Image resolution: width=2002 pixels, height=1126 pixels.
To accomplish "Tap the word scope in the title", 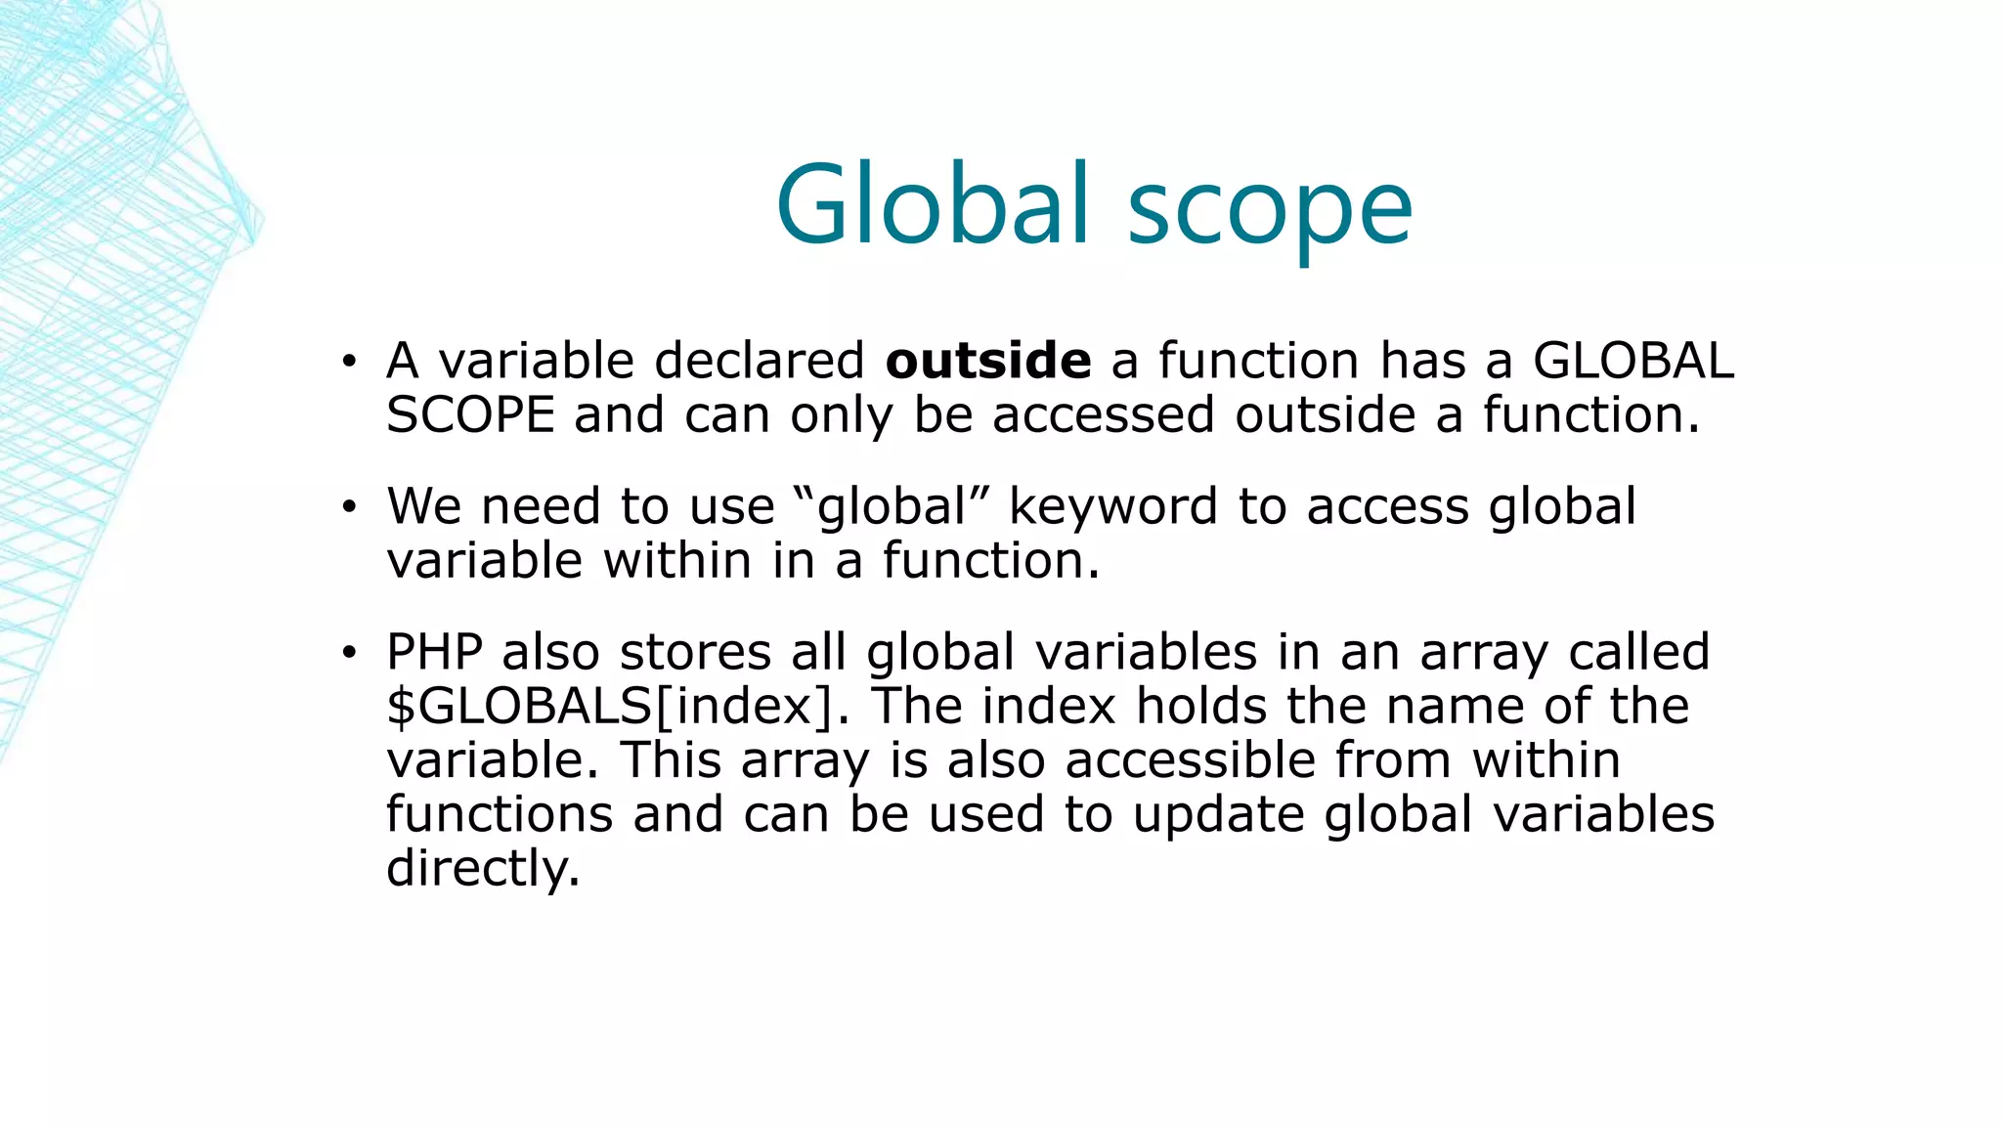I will tap(1270, 210).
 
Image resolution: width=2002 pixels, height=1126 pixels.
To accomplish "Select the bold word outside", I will tap(987, 361).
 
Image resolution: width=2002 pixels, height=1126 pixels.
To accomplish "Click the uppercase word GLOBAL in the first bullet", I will tap(1632, 361).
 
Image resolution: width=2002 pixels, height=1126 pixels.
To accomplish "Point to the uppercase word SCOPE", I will tap(470, 415).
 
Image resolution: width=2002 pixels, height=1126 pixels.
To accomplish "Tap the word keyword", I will tap(1112, 508).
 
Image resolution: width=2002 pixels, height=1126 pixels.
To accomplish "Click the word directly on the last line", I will tap(483, 869).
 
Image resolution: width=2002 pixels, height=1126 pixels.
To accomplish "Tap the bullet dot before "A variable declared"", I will tap(348, 363).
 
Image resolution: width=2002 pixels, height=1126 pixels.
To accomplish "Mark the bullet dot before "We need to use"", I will tap(348, 508).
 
